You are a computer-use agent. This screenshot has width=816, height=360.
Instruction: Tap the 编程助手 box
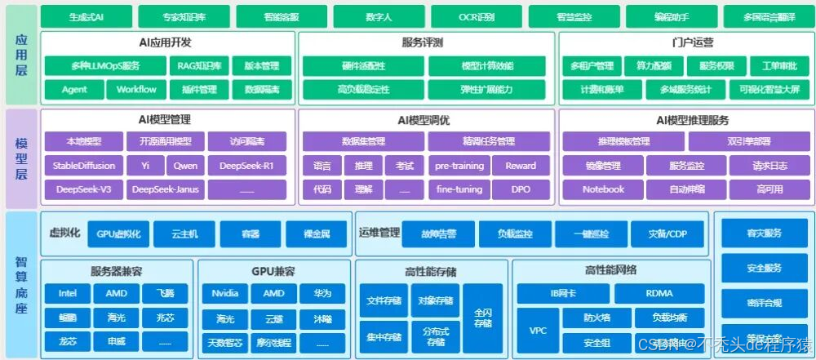671,16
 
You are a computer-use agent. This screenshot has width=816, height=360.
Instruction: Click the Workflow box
136,89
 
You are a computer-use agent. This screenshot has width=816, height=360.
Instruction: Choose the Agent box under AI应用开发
74,89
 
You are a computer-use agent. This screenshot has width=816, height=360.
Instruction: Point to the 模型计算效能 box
486,66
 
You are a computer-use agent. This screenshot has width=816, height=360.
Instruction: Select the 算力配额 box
654,66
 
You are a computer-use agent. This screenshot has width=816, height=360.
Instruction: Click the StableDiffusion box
84,166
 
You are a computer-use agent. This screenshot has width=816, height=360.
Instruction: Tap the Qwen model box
184,166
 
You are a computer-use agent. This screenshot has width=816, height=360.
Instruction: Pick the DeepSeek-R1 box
246,166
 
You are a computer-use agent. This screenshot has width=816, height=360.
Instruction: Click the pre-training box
459,166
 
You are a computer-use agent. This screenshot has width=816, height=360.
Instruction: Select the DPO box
521,189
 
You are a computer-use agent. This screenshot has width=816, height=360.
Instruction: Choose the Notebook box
603,189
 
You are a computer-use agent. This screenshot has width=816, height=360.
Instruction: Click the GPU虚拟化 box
118,234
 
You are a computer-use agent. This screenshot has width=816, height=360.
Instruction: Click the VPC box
538,331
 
